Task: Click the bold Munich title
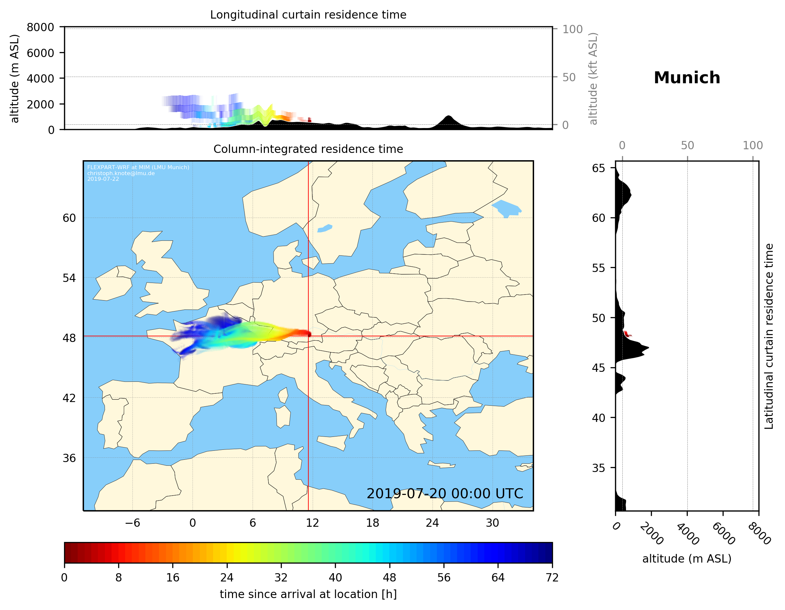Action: (686, 78)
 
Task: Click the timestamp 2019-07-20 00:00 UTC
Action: (445, 494)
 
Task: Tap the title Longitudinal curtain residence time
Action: (308, 15)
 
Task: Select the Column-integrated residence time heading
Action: (308, 149)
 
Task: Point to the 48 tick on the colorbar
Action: (389, 578)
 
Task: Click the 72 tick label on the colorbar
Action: (552, 578)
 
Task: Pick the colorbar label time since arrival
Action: (308, 594)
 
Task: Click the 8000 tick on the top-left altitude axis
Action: (40, 27)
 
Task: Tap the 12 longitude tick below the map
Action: (312, 523)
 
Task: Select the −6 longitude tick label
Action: (132, 523)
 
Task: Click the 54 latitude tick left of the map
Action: (69, 278)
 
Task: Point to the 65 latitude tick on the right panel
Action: (598, 168)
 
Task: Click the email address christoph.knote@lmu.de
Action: (121, 173)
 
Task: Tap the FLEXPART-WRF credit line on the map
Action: (138, 168)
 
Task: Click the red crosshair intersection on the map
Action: (308, 336)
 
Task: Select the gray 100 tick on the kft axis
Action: (572, 29)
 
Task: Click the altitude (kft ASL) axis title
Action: (593, 79)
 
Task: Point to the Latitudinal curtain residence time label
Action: (768, 336)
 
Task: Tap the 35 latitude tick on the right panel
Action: (598, 468)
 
